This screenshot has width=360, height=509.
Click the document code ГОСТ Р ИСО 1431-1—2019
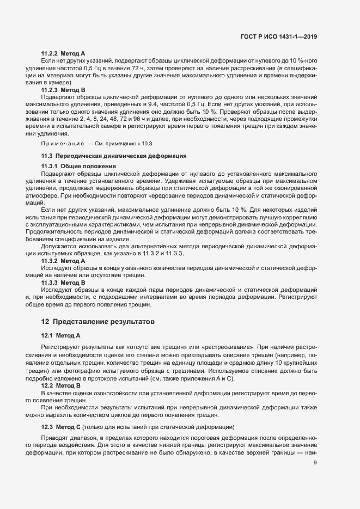pos(278,37)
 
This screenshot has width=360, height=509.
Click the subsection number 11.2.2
pos(50,53)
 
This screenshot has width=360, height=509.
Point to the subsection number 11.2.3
pos(50,89)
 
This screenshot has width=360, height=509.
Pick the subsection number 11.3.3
pos(50,283)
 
